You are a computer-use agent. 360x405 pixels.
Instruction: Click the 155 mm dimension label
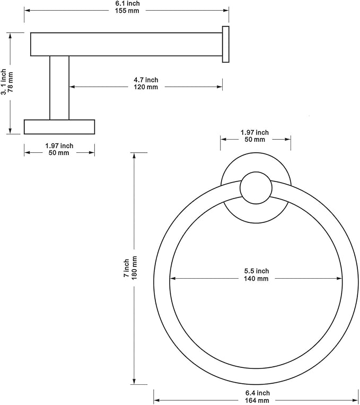click(x=127, y=11)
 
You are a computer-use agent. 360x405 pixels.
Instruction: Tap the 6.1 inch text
click(x=127, y=3)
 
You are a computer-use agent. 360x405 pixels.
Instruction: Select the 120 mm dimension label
click(x=146, y=87)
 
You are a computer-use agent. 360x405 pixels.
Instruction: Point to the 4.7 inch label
click(x=146, y=80)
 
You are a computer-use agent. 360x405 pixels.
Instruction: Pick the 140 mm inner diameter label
click(x=256, y=279)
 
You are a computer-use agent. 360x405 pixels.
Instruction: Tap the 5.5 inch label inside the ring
click(x=257, y=271)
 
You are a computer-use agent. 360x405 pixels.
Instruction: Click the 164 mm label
click(x=257, y=401)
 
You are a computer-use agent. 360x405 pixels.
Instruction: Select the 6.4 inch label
click(x=258, y=393)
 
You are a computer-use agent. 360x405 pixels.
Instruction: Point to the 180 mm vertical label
click(x=134, y=268)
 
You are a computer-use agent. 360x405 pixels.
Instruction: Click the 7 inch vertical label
click(x=127, y=268)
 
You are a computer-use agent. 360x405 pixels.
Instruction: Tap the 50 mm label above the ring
click(x=254, y=140)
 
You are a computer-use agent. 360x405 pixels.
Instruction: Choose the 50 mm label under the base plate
click(x=59, y=153)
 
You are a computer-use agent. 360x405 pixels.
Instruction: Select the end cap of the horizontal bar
click(x=225, y=44)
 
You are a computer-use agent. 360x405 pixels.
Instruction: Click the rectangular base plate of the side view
click(x=59, y=127)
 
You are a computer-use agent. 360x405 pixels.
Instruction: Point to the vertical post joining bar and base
click(x=59, y=88)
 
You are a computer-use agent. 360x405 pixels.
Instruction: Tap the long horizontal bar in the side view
click(x=127, y=44)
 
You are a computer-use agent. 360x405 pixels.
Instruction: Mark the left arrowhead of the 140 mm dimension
click(x=173, y=279)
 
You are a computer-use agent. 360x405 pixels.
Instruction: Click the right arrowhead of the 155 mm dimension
click(x=226, y=11)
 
